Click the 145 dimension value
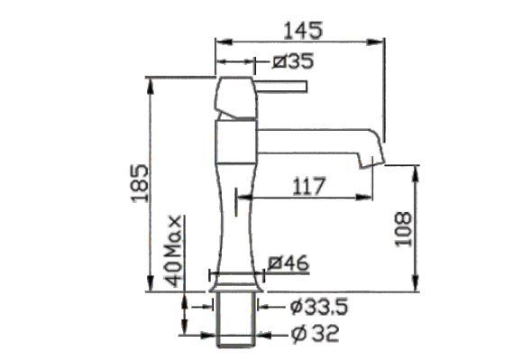coord(303,31)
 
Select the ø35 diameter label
coord(293,61)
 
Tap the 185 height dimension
coord(140,183)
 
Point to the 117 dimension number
coord(308,186)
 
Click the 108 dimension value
coord(403,229)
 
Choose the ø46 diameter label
coord(288,263)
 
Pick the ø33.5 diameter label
coord(318,307)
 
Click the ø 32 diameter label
coord(316,333)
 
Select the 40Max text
coord(175,251)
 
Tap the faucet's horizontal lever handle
coord(281,87)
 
